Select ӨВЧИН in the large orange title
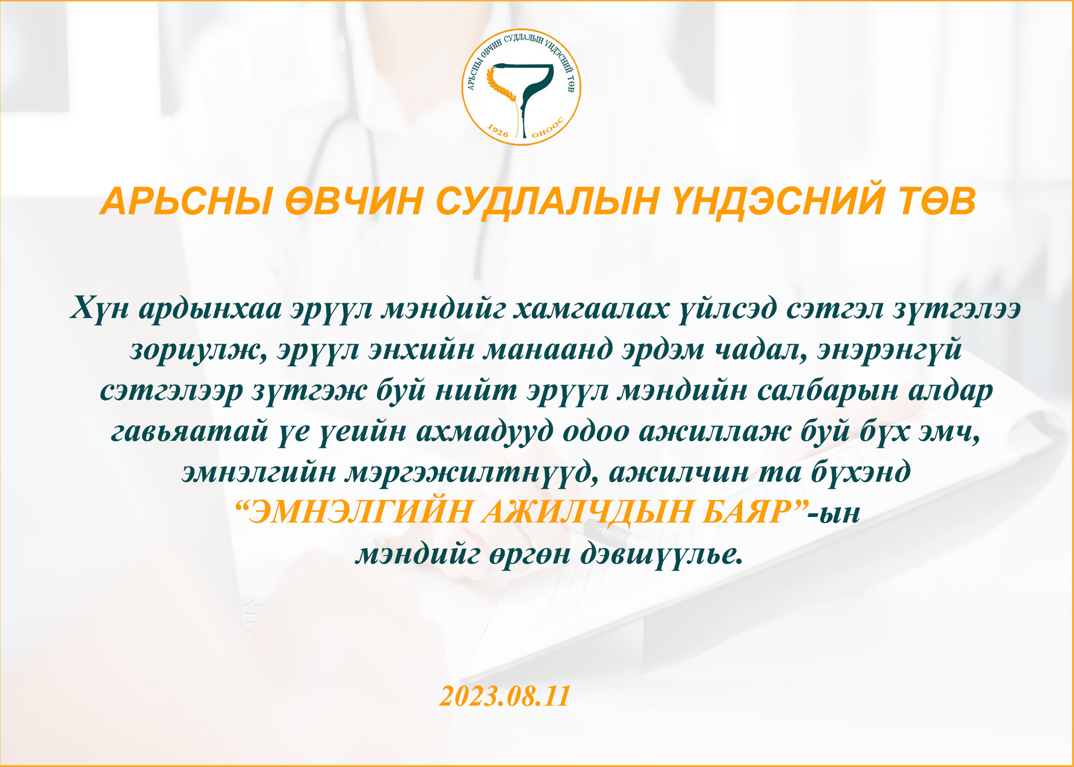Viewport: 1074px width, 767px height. pos(353,201)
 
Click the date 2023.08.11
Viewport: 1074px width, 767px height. pos(504,696)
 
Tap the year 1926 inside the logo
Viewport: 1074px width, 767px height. pos(497,131)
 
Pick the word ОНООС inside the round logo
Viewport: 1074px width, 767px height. pos(548,128)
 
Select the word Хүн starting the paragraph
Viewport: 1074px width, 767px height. pos(100,309)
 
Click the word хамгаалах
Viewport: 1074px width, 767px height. pos(591,309)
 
